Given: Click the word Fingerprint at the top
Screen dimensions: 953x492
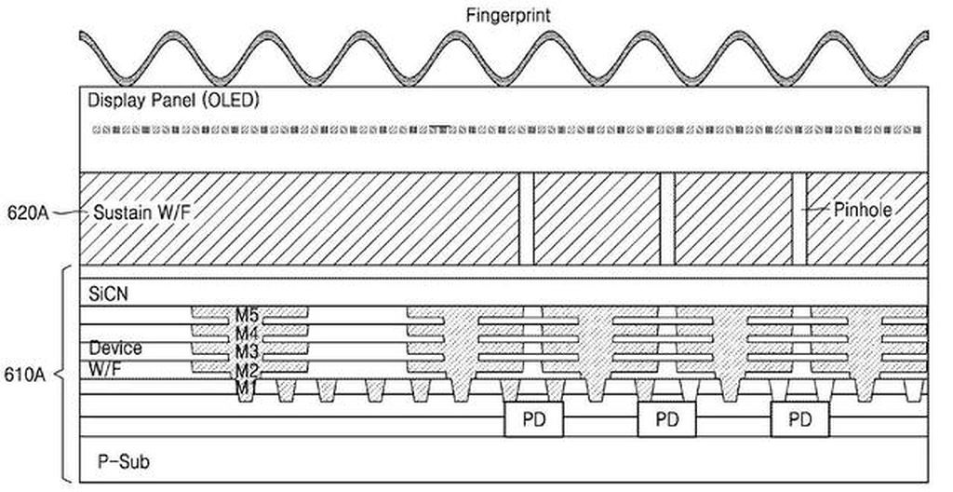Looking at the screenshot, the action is tap(508, 15).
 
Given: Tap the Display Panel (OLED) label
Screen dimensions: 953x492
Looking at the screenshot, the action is tap(173, 101).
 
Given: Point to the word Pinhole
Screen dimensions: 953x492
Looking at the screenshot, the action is tap(863, 210).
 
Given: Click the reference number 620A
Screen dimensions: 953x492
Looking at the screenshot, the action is tap(28, 213).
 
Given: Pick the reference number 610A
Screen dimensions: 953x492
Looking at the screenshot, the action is tap(25, 374).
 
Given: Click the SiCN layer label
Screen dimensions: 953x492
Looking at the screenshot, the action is tap(108, 294).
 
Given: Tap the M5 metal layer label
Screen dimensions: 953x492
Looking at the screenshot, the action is tap(247, 315).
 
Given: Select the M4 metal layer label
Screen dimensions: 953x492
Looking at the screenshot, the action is tap(247, 334).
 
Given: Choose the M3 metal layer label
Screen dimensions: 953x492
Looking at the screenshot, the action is tap(247, 352).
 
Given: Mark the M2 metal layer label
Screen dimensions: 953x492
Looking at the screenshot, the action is tap(247, 370).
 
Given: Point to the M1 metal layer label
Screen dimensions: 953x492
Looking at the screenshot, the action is tap(246, 388).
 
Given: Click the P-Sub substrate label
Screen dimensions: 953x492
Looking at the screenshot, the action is tap(124, 461).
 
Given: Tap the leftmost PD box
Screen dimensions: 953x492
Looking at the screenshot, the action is tap(534, 419).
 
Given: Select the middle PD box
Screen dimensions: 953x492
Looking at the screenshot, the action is tap(666, 419).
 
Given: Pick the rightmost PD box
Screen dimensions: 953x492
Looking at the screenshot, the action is tap(799, 419).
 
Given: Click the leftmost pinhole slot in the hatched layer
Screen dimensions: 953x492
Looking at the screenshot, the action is tap(527, 219).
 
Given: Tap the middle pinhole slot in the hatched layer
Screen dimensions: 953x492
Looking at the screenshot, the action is tap(668, 219).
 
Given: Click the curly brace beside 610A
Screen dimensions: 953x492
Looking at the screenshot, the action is tap(64, 374).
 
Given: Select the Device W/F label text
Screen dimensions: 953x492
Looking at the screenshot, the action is tap(115, 358).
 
